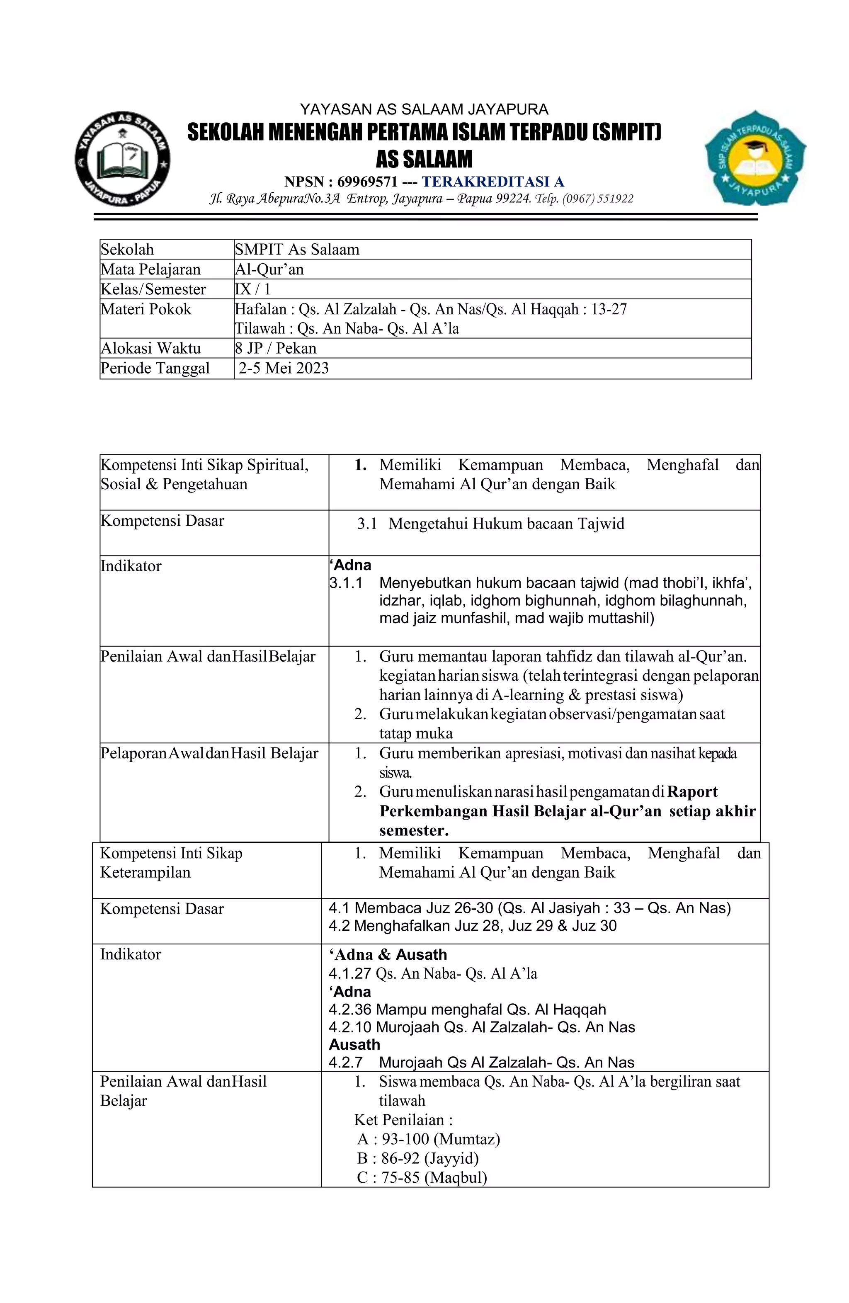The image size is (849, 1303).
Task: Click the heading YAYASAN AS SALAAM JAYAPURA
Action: pyautogui.click(x=424, y=109)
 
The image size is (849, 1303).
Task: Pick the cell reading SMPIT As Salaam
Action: pyautogui.click(x=297, y=250)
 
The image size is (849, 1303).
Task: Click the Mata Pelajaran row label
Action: pyautogui.click(x=150, y=269)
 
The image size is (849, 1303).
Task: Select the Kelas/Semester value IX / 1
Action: pyautogui.click(x=252, y=289)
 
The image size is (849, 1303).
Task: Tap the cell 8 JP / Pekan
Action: pyautogui.click(x=275, y=348)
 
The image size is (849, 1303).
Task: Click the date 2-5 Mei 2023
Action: pyautogui.click(x=284, y=368)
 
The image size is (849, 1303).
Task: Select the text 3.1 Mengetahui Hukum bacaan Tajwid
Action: pyautogui.click(x=490, y=524)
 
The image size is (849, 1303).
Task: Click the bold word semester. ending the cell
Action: pyautogui.click(x=414, y=830)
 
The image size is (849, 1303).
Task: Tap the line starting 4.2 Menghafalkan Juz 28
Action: pyautogui.click(x=473, y=926)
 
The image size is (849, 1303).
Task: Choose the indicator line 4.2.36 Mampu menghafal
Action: pyautogui.click(x=467, y=1009)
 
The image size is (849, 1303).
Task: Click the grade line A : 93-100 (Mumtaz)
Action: pyautogui.click(x=428, y=1139)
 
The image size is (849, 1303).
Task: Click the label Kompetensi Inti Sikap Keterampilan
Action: pyautogui.click(x=171, y=862)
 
